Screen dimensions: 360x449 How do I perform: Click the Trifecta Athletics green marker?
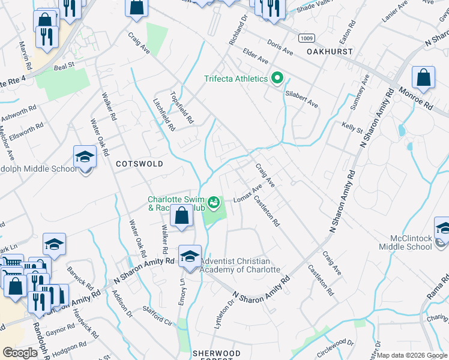[x=277, y=79]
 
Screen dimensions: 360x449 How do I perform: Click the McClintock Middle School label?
[x=405, y=242]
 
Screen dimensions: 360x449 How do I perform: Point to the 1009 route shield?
[x=307, y=38]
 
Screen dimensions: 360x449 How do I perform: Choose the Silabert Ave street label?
[x=302, y=99]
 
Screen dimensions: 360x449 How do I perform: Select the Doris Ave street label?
[x=280, y=49]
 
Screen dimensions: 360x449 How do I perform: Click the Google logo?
[x=20, y=353]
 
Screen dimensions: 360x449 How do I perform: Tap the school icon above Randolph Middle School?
[x=85, y=157]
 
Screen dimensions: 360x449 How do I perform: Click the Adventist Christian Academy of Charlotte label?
[x=240, y=265]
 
